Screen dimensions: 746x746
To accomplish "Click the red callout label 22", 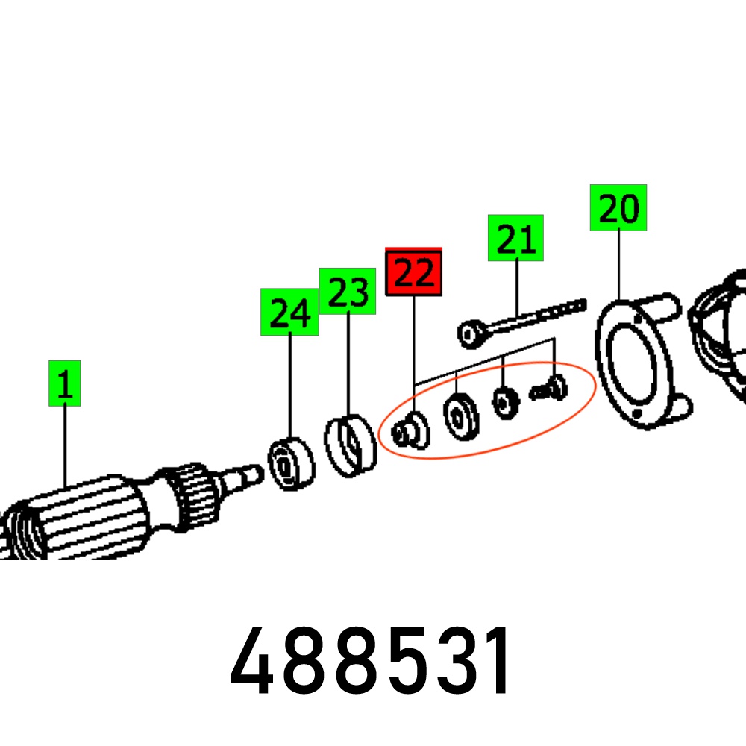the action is point(413,272).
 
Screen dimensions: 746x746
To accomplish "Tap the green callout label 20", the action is point(618,208).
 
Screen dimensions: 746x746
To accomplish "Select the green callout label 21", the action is point(515,238).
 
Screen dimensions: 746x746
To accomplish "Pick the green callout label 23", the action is point(348,291).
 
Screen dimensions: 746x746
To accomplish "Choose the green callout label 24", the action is point(289,312).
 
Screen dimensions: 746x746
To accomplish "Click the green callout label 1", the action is point(65,383).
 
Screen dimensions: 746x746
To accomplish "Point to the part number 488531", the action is point(370,661).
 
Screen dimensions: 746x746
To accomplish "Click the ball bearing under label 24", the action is point(291,464).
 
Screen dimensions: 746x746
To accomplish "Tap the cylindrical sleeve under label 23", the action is point(350,446).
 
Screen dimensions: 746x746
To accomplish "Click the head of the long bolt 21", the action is point(471,334).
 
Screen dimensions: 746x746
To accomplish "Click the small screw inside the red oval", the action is point(549,389).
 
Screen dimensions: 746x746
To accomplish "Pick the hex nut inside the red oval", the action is point(505,404).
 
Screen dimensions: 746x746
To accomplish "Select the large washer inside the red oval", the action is point(460,417).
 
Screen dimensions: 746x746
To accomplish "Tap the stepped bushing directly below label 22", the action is point(410,431).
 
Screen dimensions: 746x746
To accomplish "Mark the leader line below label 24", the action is point(290,386).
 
